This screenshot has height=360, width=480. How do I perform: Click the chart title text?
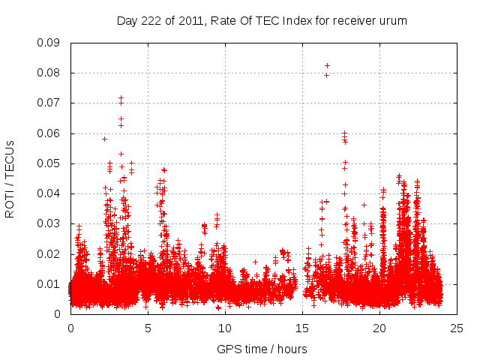click(x=262, y=21)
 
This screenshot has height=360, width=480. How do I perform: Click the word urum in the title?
click(x=393, y=21)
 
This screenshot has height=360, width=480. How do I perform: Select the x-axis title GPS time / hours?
click(x=262, y=349)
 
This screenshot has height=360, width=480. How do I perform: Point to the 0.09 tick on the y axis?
click(x=49, y=43)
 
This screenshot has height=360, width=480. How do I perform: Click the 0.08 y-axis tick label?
click(x=49, y=73)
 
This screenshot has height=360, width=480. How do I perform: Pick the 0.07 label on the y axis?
click(x=49, y=103)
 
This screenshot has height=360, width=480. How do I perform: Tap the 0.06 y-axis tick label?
click(x=49, y=133)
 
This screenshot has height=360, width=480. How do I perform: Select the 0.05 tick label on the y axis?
click(x=49, y=163)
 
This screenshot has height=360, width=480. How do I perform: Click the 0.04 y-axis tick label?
click(x=49, y=193)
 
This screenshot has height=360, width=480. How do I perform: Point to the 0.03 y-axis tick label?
click(x=49, y=223)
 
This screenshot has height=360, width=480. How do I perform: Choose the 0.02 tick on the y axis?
click(x=49, y=253)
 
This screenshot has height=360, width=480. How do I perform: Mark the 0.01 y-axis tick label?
click(x=49, y=283)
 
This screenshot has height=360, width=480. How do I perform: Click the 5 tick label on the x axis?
click(x=148, y=328)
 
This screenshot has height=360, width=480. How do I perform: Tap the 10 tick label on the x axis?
click(x=225, y=328)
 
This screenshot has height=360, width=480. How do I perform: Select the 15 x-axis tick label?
click(x=302, y=328)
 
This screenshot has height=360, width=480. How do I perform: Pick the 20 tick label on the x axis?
click(x=379, y=328)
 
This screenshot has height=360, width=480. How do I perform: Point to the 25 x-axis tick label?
click(x=457, y=328)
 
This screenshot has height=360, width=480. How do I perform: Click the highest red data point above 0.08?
click(x=326, y=65)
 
